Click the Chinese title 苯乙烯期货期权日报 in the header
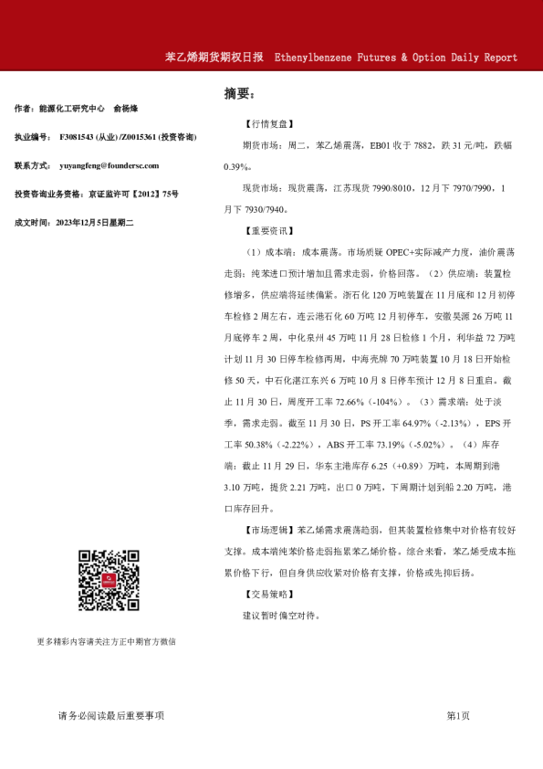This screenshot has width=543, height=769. click(214, 57)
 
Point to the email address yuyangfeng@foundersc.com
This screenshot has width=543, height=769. click(109, 166)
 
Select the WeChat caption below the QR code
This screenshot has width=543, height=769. click(106, 642)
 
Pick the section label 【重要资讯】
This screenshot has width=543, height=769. click(269, 232)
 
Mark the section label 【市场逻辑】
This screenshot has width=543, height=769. click(269, 531)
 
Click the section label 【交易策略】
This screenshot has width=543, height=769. click(269, 595)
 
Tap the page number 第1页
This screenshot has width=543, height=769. click(457, 716)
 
